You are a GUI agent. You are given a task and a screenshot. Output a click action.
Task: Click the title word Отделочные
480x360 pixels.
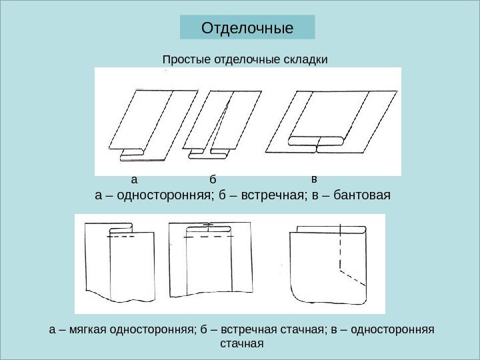247,29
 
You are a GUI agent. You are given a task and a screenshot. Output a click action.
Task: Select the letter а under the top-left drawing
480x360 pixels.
133,179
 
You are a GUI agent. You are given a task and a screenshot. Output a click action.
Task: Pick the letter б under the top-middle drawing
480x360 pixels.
213,179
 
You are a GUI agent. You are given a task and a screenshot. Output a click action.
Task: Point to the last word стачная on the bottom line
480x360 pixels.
241,344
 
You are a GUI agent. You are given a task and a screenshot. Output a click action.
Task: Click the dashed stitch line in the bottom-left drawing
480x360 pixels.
121,237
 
